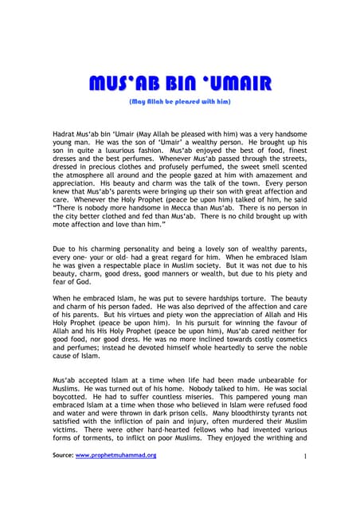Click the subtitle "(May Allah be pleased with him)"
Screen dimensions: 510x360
(x=179, y=102)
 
